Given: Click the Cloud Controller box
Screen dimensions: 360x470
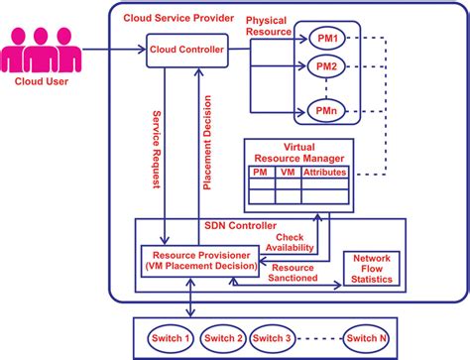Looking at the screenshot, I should [x=186, y=49].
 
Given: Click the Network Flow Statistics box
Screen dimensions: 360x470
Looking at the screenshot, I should [x=371, y=268].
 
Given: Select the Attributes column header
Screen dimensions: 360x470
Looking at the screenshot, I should [x=325, y=172].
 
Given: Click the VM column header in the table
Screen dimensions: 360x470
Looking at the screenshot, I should [x=288, y=172].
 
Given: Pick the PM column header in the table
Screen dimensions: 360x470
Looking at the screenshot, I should [x=260, y=172].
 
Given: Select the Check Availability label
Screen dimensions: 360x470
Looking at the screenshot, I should [x=297, y=241].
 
